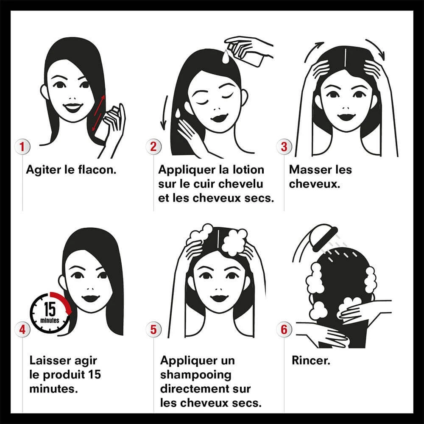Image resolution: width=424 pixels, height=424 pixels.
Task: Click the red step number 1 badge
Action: pyautogui.click(x=22, y=147)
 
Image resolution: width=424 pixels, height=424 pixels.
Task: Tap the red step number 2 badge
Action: pyautogui.click(x=153, y=147)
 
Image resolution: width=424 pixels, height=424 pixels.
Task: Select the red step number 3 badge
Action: pyautogui.click(x=284, y=147)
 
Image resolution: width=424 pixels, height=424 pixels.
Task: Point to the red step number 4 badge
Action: pyautogui.click(x=22, y=329)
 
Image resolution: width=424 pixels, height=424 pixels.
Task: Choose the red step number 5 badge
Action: pyautogui.click(x=153, y=329)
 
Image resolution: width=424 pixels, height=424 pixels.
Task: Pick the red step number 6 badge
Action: pyautogui.click(x=284, y=329)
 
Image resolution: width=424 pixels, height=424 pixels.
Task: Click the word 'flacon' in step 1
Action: pyautogui.click(x=97, y=170)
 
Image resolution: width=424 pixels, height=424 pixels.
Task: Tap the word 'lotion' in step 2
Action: pyautogui.click(x=248, y=170)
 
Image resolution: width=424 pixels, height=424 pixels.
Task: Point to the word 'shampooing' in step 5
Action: pyautogui.click(x=196, y=375)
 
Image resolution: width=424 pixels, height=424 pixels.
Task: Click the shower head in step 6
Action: pyautogui.click(x=324, y=236)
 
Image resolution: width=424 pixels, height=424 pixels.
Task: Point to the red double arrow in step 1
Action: pyautogui.click(x=98, y=113)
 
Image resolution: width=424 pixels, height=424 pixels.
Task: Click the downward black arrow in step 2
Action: pyautogui.click(x=164, y=112)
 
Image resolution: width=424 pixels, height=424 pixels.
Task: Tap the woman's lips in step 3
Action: pyautogui.click(x=346, y=117)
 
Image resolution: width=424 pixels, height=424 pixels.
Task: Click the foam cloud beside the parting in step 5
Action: pyautogui.click(x=234, y=242)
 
